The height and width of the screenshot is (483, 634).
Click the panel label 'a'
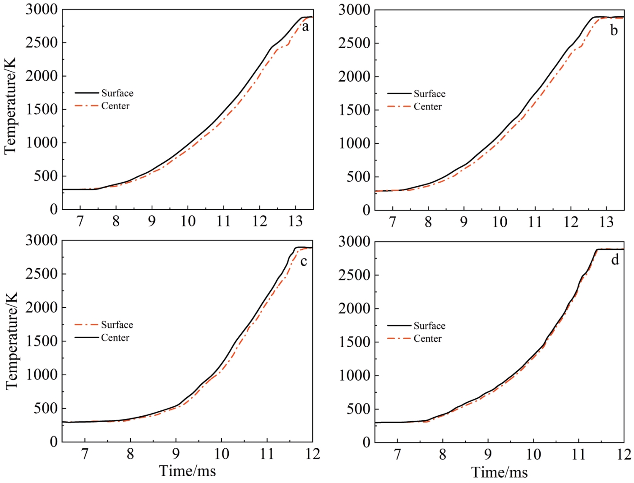pyautogui.click(x=305, y=28)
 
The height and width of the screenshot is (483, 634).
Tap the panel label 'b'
pyautogui.click(x=614, y=31)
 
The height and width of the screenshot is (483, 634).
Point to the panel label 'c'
pyautogui.click(x=304, y=262)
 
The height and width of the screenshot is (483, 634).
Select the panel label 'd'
pyautogui.click(x=615, y=260)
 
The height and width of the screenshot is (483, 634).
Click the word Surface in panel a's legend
pyautogui.click(x=117, y=93)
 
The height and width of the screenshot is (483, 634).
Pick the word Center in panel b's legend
pyautogui.click(x=428, y=107)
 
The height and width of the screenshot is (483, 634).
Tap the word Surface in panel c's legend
pyautogui.click(x=117, y=325)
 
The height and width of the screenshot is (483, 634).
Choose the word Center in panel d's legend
pyautogui.click(x=428, y=339)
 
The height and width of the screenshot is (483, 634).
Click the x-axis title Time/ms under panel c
pyautogui.click(x=188, y=471)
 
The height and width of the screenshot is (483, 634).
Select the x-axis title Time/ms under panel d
pyautogui.click(x=500, y=473)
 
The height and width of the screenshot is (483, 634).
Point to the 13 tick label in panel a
pyautogui.click(x=296, y=221)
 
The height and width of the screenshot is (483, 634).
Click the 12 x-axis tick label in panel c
pyautogui.click(x=312, y=454)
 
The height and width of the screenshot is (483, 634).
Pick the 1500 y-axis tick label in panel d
pyautogui.click(x=354, y=342)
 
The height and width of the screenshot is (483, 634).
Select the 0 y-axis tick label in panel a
pyautogui.click(x=54, y=209)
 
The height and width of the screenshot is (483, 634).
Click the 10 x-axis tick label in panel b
pyautogui.click(x=500, y=222)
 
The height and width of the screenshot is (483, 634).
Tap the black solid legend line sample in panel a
pyautogui.click(x=87, y=93)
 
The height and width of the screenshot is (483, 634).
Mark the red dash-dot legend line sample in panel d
pyautogui.click(x=399, y=339)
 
